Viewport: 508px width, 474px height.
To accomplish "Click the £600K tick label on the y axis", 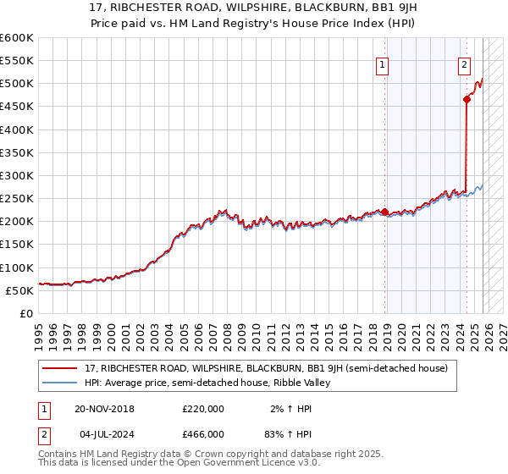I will tap(17, 38).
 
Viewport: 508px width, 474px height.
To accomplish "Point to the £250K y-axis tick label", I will tap(17, 199).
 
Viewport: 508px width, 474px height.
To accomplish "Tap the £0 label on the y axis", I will tap(25, 314).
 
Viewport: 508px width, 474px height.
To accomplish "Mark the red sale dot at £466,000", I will tap(467, 99).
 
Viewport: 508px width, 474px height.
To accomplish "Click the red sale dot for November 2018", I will tap(385, 212).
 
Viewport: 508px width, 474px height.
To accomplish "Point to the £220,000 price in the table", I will tap(202, 409).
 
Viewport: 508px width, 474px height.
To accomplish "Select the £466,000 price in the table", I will tap(202, 433).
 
